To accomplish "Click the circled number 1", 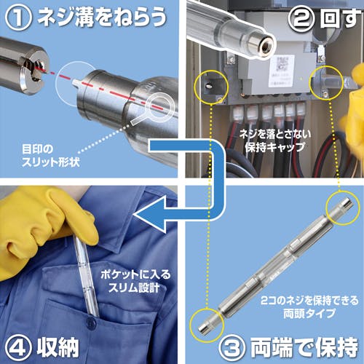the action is [18, 17].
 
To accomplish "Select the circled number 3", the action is [232, 347].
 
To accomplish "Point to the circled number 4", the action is [18, 347].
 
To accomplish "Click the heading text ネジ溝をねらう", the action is [102, 17].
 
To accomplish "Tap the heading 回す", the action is [340, 19].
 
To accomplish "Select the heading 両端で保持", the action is [304, 347].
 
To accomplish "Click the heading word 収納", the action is [58, 347].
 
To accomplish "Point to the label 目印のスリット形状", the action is [50, 156].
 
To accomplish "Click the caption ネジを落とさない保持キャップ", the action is [275, 141].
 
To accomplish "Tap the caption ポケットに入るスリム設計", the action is [135, 282].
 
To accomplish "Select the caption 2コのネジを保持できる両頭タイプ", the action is [309, 307].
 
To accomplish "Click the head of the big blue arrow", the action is [151, 215].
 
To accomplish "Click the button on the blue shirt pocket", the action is [91, 323].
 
